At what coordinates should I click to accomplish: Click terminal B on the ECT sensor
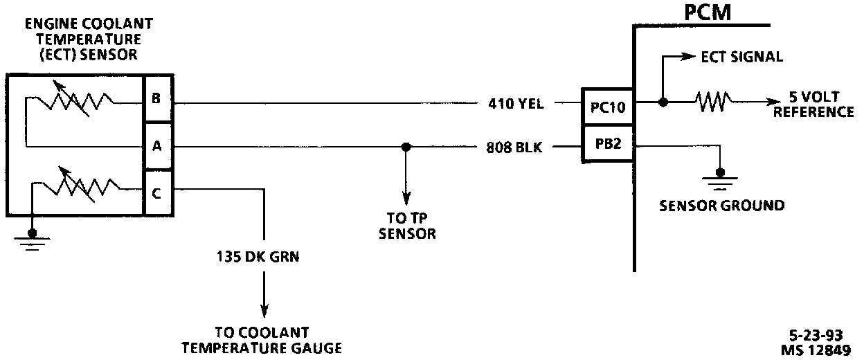(157, 99)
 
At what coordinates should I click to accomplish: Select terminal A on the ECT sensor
(157, 146)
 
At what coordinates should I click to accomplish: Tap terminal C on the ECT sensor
(157, 193)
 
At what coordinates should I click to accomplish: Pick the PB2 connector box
(607, 145)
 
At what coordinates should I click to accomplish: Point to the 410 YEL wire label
(516, 105)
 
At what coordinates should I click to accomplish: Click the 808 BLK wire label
(516, 147)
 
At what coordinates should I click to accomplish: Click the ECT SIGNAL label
(741, 57)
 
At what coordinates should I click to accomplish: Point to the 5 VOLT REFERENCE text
(814, 105)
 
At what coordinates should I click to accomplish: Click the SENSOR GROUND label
(721, 206)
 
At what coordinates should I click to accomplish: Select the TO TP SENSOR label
(406, 226)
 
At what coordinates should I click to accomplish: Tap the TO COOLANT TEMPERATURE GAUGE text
(262, 340)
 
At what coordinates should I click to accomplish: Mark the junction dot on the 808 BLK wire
(406, 147)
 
